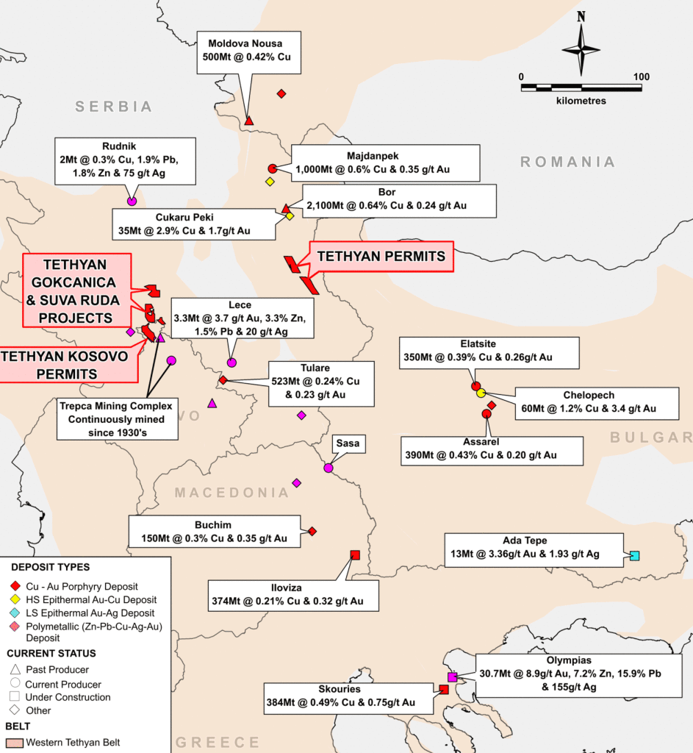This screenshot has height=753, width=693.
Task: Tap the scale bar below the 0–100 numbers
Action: click(x=581, y=88)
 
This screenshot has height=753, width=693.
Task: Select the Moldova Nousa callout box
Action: click(x=249, y=51)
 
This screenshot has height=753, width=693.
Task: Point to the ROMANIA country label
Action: click(x=567, y=162)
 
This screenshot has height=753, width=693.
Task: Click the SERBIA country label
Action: click(x=114, y=107)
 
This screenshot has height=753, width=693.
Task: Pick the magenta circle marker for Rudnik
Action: click(x=132, y=201)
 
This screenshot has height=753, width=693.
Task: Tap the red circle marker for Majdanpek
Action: click(x=272, y=168)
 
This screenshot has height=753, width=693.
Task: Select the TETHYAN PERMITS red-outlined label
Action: click(x=381, y=257)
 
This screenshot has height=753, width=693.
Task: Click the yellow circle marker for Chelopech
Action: click(x=481, y=393)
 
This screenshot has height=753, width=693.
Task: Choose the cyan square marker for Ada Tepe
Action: click(x=634, y=555)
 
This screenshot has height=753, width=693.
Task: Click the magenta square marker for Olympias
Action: click(x=452, y=677)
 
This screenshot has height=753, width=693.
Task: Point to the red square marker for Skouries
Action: click(x=444, y=689)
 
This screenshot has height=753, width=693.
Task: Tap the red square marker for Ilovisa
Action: click(x=355, y=554)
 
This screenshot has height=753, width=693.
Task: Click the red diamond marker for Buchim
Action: click(x=312, y=531)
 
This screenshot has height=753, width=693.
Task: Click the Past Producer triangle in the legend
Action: click(x=15, y=669)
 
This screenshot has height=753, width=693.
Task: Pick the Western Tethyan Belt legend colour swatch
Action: click(x=15, y=742)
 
